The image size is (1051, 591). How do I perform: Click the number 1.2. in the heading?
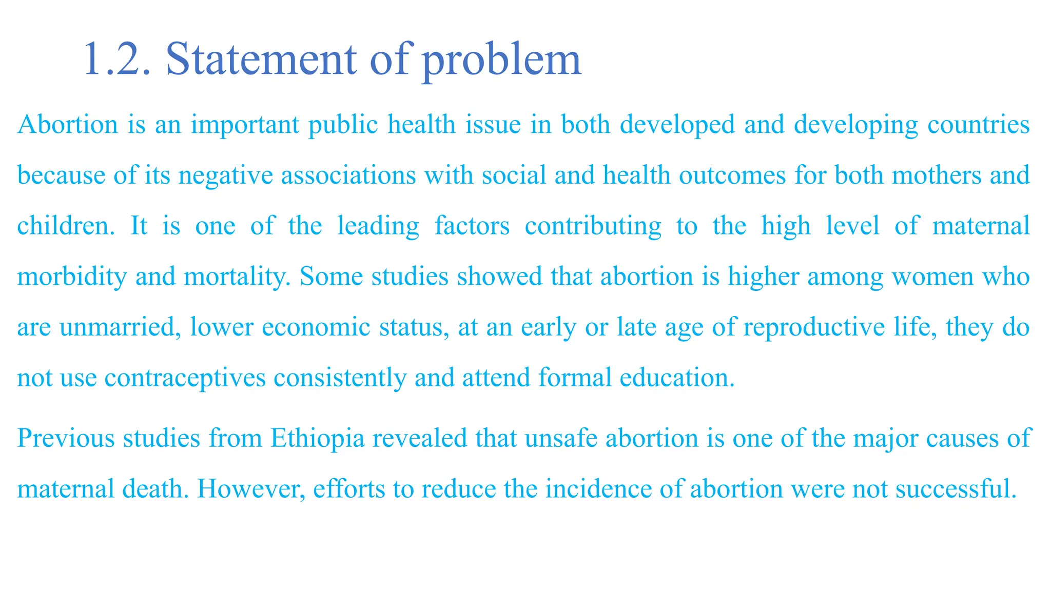(117, 60)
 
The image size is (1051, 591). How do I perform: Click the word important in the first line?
(245, 125)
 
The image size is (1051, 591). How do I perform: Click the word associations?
(348, 175)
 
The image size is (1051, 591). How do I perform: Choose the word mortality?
(237, 277)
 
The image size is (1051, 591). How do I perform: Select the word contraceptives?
(185, 378)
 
